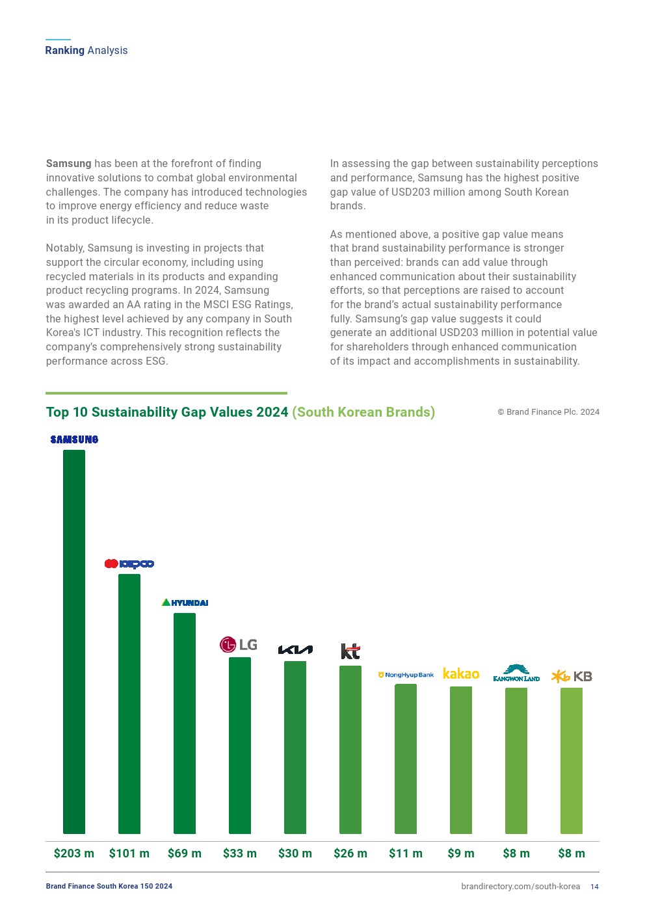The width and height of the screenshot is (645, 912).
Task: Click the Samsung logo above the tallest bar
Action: coord(74,439)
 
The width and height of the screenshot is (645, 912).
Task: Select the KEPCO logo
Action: coord(129,564)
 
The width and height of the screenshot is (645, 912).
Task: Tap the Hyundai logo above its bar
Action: coord(185,603)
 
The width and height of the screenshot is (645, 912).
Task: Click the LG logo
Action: coord(239,644)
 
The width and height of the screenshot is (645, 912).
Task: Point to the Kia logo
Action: coord(295,649)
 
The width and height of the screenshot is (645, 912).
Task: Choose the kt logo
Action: coord(350,651)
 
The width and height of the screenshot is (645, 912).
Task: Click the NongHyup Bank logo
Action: coord(406,675)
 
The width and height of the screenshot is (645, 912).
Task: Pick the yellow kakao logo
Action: coord(461,673)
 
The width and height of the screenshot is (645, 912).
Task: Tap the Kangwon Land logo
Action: coord(516,673)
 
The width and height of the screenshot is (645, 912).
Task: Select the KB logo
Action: coord(572,676)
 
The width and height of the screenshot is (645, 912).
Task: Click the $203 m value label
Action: coord(74,853)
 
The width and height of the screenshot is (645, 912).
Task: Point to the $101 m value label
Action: coord(129,853)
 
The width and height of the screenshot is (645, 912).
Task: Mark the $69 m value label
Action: coord(185,853)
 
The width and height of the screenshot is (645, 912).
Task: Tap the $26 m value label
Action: coord(350,853)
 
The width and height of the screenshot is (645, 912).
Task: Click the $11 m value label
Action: coord(406,853)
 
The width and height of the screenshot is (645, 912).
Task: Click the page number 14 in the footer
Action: coord(594,887)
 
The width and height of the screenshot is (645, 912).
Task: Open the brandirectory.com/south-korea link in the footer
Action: coord(520,887)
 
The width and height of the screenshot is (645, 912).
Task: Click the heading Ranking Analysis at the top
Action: coord(86,50)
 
